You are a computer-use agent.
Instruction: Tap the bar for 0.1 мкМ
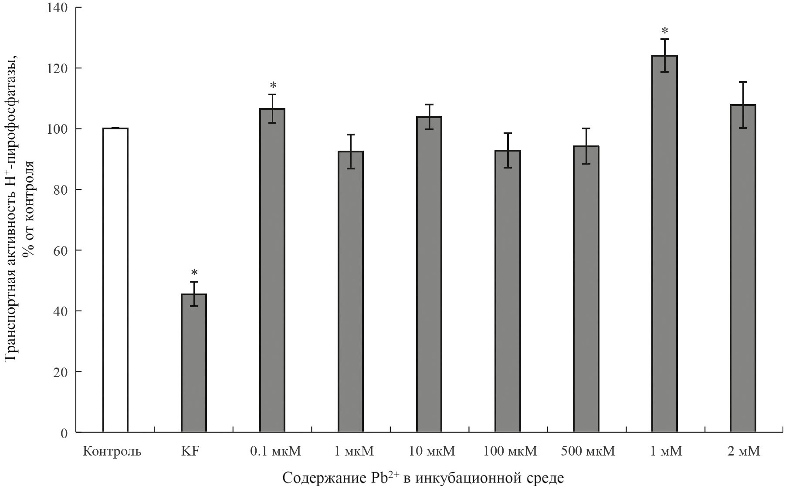click(x=272, y=270)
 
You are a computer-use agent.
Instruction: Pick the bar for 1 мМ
click(x=664, y=244)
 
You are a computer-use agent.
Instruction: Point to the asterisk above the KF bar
click(x=194, y=273)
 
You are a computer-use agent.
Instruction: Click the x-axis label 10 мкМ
click(x=432, y=451)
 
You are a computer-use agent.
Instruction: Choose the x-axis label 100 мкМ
click(x=510, y=451)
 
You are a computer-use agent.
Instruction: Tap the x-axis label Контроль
click(x=112, y=451)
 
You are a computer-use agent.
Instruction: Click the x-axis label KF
click(x=190, y=451)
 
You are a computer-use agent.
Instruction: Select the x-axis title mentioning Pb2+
click(x=423, y=477)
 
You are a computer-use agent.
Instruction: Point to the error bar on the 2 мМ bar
click(x=743, y=105)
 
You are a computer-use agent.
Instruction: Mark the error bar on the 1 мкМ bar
click(x=351, y=151)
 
